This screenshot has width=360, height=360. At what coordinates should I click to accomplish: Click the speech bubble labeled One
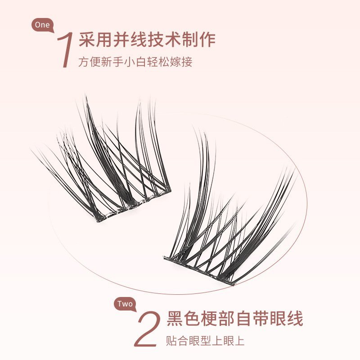(x=42, y=25)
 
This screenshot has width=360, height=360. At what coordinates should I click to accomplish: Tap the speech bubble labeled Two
(x=125, y=304)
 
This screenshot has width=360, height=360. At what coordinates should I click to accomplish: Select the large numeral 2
(x=148, y=329)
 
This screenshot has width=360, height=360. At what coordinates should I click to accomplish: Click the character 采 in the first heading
(x=87, y=40)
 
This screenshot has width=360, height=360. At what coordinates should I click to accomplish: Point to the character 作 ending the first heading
(x=207, y=40)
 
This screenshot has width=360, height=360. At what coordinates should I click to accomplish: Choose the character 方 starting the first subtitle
(x=84, y=62)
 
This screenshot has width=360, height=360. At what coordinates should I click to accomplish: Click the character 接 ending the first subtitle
(x=187, y=62)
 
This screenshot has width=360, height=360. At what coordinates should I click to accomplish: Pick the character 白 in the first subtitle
(x=141, y=62)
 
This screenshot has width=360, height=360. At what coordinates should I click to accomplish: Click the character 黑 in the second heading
(x=175, y=318)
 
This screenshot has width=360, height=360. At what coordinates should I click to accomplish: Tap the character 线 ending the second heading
(x=295, y=318)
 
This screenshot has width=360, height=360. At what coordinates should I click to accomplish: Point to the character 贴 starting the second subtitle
(x=171, y=341)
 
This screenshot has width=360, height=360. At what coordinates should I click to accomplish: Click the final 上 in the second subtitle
(x=239, y=341)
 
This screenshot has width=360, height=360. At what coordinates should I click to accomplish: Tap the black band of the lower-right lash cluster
(x=199, y=271)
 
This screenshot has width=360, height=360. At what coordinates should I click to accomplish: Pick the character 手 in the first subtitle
(x=118, y=62)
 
